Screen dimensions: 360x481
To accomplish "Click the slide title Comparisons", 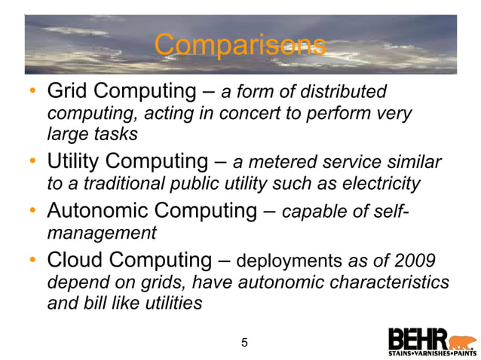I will point(240,45).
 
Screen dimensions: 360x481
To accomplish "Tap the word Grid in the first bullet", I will point(66,92).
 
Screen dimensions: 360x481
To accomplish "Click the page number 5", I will point(244,343).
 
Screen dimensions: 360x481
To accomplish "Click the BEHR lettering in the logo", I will point(418,337).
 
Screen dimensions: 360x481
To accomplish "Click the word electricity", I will point(374,183).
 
